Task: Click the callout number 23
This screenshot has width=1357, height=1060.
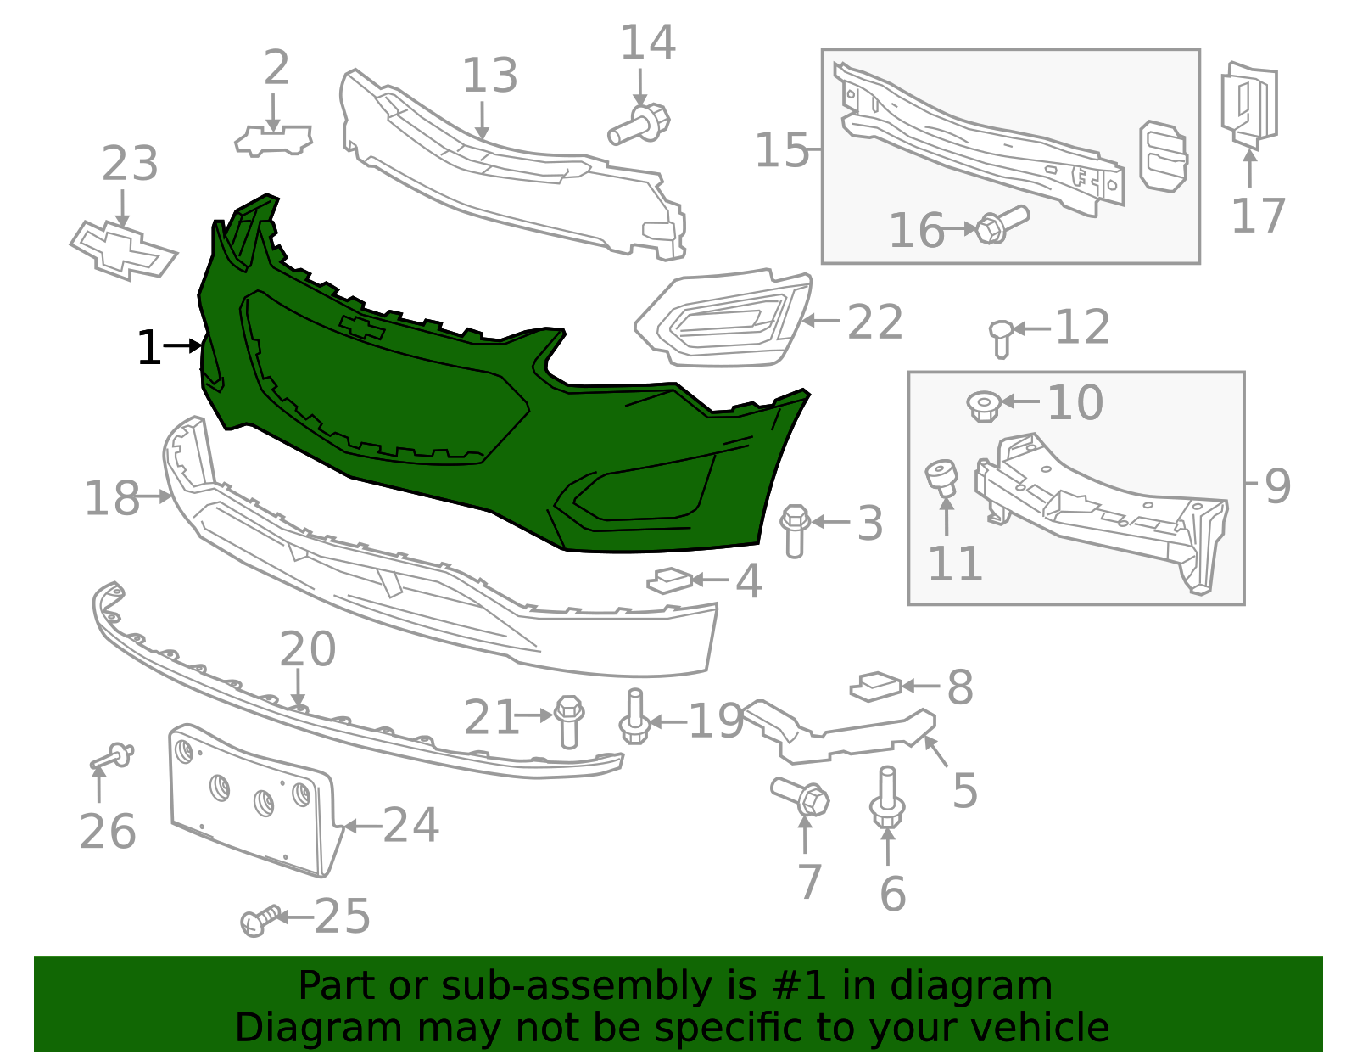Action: tap(130, 164)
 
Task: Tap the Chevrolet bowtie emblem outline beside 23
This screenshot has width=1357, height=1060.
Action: tap(124, 251)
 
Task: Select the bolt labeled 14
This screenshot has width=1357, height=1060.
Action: tap(640, 126)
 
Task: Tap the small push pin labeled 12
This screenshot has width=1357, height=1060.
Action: tap(1001, 338)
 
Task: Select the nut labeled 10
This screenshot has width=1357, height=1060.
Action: tap(983, 405)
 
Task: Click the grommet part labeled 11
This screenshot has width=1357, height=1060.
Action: tap(941, 478)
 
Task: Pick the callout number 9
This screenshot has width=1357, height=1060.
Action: tap(1277, 486)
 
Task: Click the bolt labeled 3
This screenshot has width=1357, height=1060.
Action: tap(795, 530)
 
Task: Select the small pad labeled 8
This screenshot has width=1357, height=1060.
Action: tap(876, 686)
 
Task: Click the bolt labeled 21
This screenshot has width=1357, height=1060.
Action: tap(569, 721)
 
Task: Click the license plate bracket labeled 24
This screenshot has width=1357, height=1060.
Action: tap(250, 798)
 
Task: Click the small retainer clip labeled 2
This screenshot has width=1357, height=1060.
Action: tap(273, 141)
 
